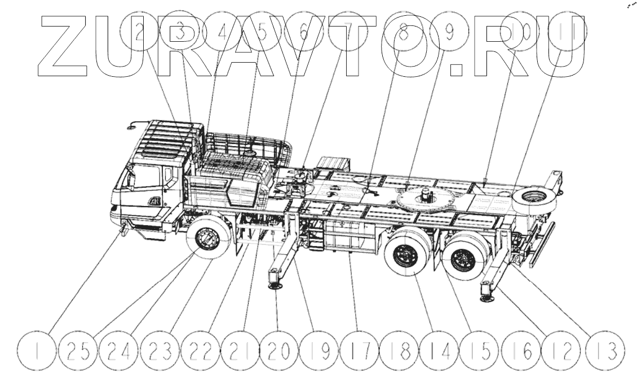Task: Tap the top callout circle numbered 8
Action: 402,32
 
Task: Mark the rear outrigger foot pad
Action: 486,297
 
